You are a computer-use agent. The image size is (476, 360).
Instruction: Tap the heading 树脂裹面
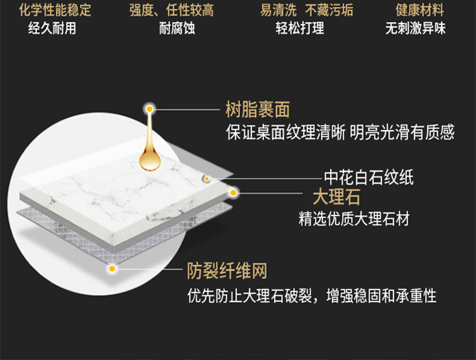tap(257, 110)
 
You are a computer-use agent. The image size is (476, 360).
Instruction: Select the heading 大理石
tap(336, 196)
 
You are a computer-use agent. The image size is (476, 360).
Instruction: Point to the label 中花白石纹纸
tap(369, 177)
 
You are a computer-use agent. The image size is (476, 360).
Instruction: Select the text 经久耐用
tap(52, 28)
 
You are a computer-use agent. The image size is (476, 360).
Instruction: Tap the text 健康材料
tap(419, 10)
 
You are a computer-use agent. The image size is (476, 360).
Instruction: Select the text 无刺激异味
tap(416, 28)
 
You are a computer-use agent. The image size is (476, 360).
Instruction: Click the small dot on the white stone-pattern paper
tap(206, 178)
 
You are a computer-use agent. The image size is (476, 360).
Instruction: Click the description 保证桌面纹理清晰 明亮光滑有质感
tap(340, 132)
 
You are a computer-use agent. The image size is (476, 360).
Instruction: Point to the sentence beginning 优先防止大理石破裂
tap(312, 296)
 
